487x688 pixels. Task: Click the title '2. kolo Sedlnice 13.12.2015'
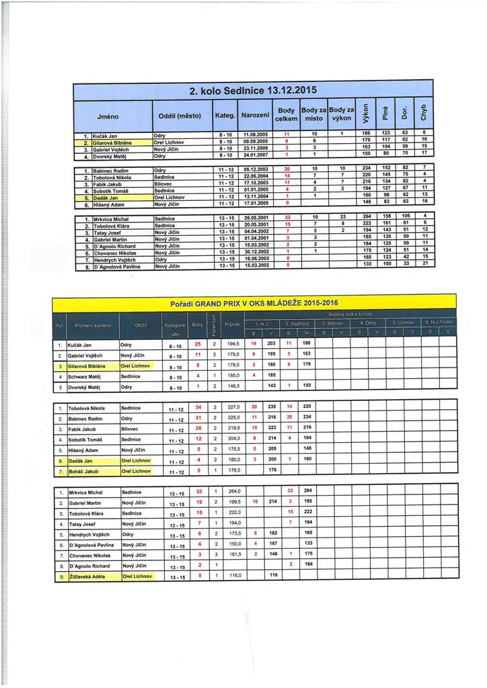tap(252, 91)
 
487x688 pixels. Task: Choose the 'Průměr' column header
tap(233, 325)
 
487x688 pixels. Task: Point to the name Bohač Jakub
tap(85, 471)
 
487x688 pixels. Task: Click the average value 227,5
tap(233, 407)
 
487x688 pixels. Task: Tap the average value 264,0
tap(233, 492)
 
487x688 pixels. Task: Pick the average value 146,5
tap(233, 387)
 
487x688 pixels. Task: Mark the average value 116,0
tap(233, 576)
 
